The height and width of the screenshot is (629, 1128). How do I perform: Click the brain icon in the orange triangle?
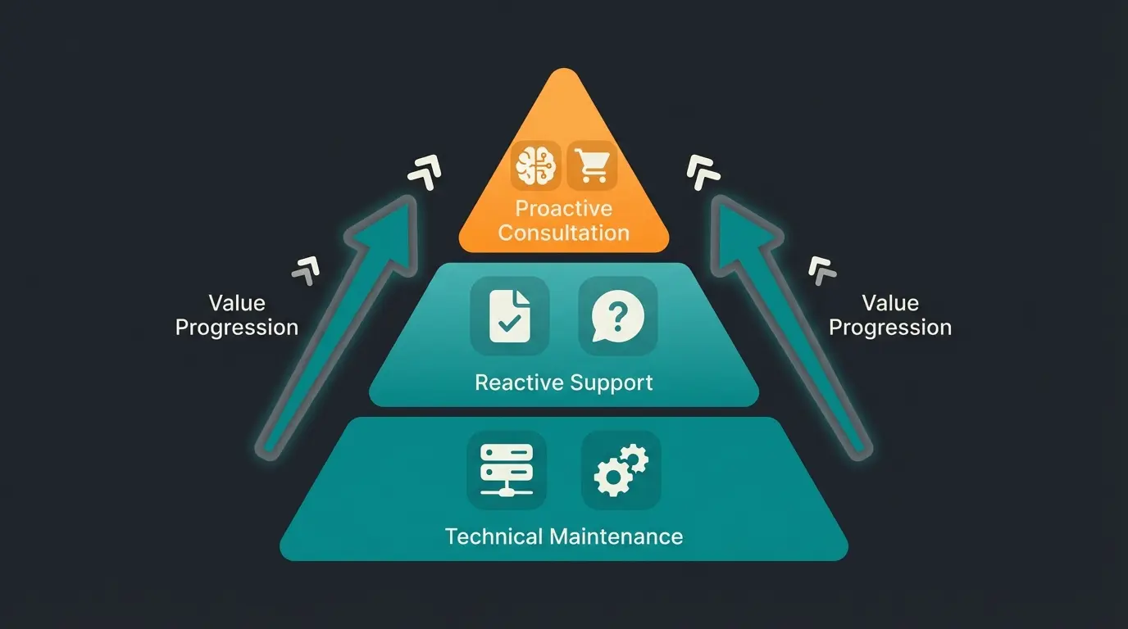point(535,165)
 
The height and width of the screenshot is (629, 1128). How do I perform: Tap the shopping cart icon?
point(593,165)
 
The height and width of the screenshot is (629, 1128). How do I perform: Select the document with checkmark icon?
point(509,315)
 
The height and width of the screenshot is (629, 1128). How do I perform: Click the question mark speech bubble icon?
point(618,315)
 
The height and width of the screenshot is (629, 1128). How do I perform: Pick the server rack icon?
point(506,469)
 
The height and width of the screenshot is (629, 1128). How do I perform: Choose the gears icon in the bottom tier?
point(621,469)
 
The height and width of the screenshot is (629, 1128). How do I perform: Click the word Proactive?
point(563,208)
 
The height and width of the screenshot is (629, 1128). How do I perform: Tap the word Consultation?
point(563,233)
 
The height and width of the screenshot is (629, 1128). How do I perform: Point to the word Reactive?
point(512,382)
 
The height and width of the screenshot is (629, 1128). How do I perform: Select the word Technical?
point(493,537)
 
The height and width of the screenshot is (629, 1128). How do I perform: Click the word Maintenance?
point(616,537)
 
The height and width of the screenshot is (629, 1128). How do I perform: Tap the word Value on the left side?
point(237,304)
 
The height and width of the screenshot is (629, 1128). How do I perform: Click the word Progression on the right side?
point(890,328)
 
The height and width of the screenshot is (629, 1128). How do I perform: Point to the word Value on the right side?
point(890,304)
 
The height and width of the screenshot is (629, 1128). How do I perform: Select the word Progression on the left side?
point(237,328)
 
